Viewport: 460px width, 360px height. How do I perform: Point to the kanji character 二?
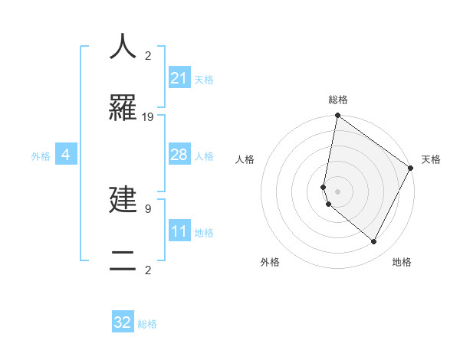point(123,261)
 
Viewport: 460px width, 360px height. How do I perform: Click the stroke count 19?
point(148,117)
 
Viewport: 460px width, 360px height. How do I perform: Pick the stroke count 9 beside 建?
point(148,208)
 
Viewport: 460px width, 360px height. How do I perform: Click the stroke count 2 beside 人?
point(148,55)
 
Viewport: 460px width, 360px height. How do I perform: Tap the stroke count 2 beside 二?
point(148,270)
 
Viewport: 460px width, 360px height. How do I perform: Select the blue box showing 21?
point(179,78)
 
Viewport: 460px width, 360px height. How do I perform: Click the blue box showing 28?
point(179,155)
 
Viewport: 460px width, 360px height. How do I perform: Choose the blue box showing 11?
point(179,231)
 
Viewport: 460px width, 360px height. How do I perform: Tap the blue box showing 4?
point(66,155)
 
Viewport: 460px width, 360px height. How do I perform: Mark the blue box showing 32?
point(123,322)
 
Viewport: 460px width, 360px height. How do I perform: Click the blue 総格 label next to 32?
point(148,324)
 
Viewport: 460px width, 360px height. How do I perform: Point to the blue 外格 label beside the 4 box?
point(41,156)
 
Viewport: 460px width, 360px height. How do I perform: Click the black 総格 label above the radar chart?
point(338,100)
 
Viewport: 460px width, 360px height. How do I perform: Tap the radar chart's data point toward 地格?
point(374,241)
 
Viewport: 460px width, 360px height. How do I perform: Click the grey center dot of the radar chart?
point(338,191)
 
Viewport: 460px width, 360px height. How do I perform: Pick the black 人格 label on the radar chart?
point(245,159)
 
